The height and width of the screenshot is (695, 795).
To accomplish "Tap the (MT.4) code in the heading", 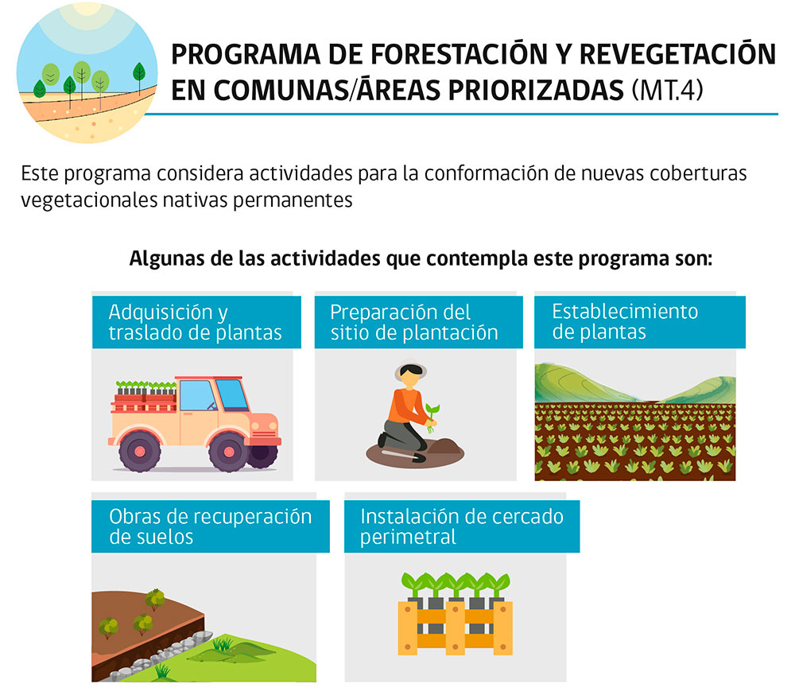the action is pyautogui.click(x=667, y=91).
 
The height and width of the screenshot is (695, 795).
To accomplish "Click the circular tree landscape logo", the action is pyautogui.click(x=87, y=72).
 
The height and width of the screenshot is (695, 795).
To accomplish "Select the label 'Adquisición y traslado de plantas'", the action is pyautogui.click(x=196, y=322).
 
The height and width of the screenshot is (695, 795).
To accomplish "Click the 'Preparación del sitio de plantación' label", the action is pyautogui.click(x=413, y=322).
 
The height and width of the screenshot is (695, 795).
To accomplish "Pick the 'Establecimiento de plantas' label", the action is pyautogui.click(x=625, y=321).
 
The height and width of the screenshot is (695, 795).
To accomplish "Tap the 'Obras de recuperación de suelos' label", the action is pyautogui.click(x=211, y=526).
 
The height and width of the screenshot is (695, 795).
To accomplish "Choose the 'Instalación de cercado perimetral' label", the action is pyautogui.click(x=462, y=526).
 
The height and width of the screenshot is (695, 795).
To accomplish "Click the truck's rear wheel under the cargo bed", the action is pyautogui.click(x=140, y=451).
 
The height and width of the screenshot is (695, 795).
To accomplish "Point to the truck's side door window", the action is pyautogui.click(x=196, y=395).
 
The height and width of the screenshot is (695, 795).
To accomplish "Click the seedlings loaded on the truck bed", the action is pyautogui.click(x=146, y=387).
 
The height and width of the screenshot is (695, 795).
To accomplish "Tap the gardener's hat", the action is pyautogui.click(x=411, y=369).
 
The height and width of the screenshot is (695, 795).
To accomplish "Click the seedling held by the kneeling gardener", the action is pyautogui.click(x=432, y=417).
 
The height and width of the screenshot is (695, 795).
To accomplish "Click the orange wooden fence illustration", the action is pyautogui.click(x=455, y=627).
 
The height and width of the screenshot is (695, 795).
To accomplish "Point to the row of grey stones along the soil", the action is pyautogui.click(x=162, y=654).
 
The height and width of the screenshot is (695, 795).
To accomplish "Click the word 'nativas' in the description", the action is pyautogui.click(x=195, y=200).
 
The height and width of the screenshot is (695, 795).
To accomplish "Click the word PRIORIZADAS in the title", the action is pyautogui.click(x=535, y=91).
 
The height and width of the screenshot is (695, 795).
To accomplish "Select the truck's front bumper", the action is pyautogui.click(x=264, y=441).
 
